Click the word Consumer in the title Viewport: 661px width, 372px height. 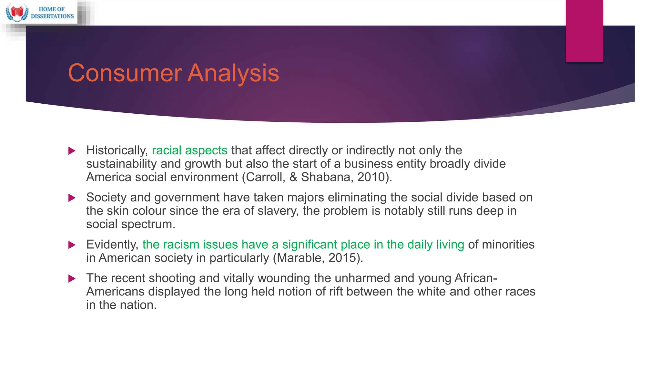(x=125, y=73)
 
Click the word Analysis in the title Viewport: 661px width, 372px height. (x=233, y=73)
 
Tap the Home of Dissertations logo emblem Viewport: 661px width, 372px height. (x=17, y=12)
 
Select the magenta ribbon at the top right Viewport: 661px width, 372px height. (x=584, y=31)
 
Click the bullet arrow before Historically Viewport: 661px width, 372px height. (x=72, y=151)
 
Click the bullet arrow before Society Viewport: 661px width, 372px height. (x=72, y=198)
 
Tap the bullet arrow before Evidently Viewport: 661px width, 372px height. (x=72, y=245)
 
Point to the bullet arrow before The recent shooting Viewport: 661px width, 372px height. (x=72, y=278)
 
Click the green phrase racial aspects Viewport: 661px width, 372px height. (x=189, y=150)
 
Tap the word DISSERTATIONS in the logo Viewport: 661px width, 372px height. (x=52, y=16)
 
